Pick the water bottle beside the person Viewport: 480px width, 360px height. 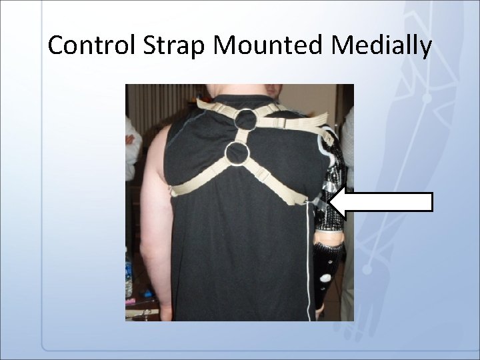click(128, 273)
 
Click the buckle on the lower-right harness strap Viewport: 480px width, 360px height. click(264, 177)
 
